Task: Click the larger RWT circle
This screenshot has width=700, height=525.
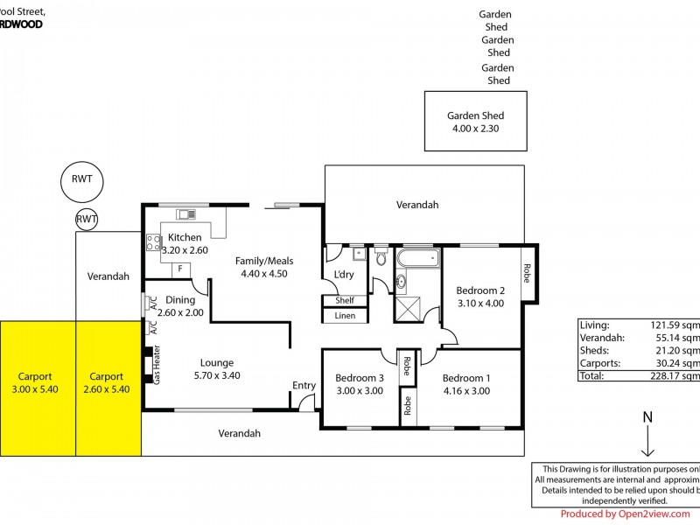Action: tap(82, 181)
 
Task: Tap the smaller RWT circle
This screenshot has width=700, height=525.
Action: tap(87, 219)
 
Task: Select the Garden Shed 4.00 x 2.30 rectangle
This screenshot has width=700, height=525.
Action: tap(475, 122)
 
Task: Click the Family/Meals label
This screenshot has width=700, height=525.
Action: tap(263, 267)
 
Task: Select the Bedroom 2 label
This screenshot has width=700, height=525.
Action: tap(480, 297)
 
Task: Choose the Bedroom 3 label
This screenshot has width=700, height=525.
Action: tap(359, 384)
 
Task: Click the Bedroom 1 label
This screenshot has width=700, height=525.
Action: tap(465, 384)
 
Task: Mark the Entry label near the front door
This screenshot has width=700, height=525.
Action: tap(304, 385)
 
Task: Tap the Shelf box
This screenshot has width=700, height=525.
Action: tap(345, 300)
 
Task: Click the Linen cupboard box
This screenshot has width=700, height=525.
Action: tap(345, 316)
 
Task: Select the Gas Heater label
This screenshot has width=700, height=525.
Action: tap(157, 364)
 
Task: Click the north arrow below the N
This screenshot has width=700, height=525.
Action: tap(648, 442)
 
